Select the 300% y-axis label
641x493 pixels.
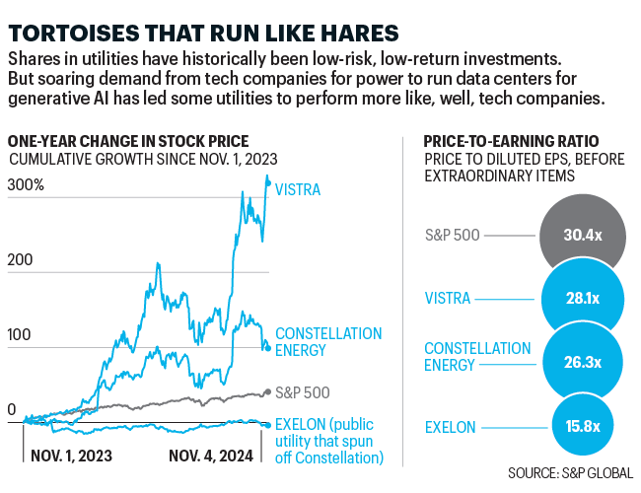coord(27,186)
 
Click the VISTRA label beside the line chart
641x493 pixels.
coord(301,188)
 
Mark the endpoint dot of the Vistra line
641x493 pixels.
coord(268,183)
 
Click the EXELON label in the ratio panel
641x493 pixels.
coord(450,427)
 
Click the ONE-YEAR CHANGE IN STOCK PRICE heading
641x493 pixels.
coord(127,141)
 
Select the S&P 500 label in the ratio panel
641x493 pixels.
coord(452,237)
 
